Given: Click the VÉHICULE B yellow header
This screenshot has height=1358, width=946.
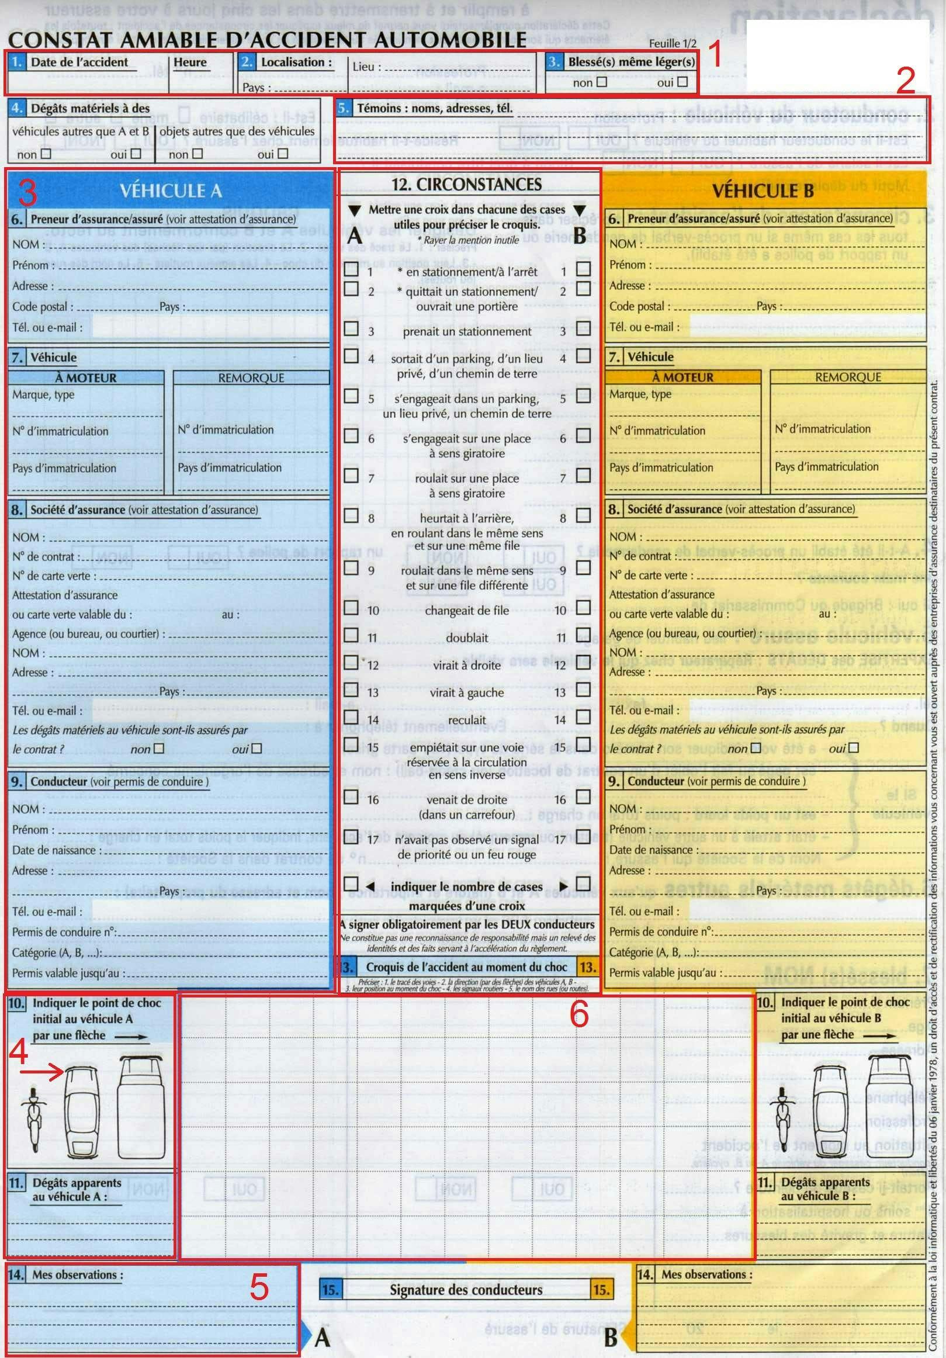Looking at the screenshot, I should coord(763,191).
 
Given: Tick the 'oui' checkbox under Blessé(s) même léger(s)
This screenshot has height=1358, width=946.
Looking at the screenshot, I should coord(682,82).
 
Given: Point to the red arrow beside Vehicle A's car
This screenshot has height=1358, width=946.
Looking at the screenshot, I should coord(41,1072).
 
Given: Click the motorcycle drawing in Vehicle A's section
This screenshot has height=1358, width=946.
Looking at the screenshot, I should coord(33,1119).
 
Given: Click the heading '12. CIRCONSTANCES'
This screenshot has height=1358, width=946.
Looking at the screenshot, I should coord(466,185).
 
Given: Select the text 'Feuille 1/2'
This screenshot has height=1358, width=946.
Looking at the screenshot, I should coord(673,43).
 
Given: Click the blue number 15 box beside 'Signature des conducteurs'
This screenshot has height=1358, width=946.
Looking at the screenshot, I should coord(330,1290).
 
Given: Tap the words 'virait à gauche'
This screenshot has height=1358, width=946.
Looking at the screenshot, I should coord(467,692).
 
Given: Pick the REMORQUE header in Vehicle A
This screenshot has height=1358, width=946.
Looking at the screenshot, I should coord(251,377).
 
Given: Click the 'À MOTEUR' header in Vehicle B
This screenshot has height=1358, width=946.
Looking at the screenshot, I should coord(682,377).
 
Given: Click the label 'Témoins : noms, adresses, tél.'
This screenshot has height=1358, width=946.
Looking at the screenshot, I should coord(434,108).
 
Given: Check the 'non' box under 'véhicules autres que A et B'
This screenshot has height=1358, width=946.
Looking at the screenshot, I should coord(46,154).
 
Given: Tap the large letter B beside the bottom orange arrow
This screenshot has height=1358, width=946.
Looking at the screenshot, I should coord(611,1337).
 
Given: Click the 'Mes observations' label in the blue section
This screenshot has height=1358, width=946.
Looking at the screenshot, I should coord(78,1274).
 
